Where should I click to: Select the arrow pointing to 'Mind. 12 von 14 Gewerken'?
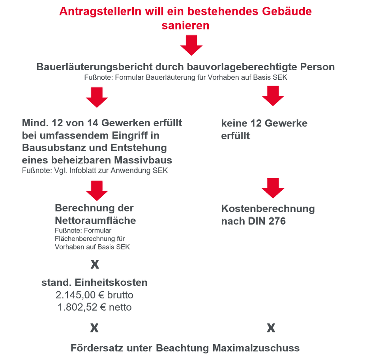[97, 97]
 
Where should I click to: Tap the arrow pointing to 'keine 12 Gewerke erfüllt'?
[273, 96]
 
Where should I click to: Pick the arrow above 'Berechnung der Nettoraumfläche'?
[97, 190]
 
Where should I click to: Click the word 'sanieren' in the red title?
[185, 26]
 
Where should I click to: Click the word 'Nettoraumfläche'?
[95, 221]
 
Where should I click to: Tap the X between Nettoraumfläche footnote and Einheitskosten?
[94, 264]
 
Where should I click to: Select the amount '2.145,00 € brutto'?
[95, 295]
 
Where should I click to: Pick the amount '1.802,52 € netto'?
[95, 307]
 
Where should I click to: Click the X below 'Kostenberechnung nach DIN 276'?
[271, 328]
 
